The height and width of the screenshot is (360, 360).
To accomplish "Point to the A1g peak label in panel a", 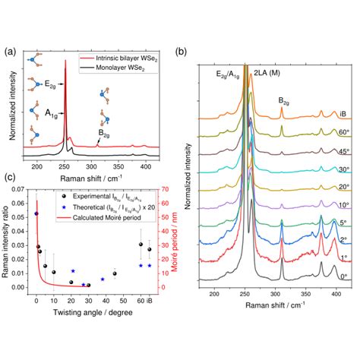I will coord(52,114).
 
